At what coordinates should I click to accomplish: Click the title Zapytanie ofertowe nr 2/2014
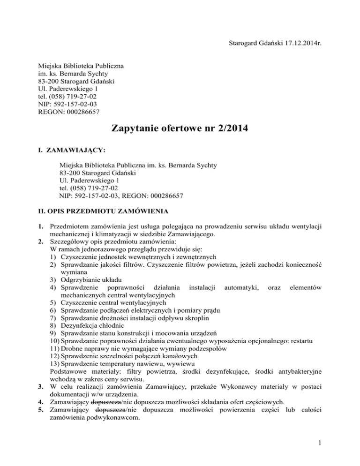180,129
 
